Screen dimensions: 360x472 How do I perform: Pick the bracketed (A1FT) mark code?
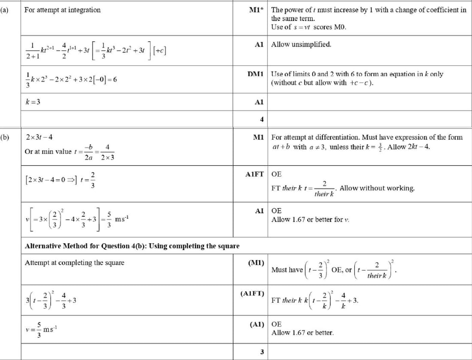pyautogui.click(x=253, y=293)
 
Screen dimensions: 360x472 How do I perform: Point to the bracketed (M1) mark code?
pyautogui.click(x=256, y=262)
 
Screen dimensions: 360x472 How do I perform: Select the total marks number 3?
pyautogui.click(x=261, y=352)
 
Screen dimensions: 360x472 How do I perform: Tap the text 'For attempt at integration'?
pyautogui.click(x=63, y=10)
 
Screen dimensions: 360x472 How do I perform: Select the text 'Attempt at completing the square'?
pyautogui.click(x=75, y=263)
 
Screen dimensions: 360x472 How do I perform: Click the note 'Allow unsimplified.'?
pyautogui.click(x=301, y=44)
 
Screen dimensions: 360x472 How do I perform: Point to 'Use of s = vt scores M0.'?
pyautogui.click(x=309, y=27)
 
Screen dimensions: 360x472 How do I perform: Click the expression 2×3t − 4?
pyautogui.click(x=39, y=137)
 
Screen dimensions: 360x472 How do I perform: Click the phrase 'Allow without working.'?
pyautogui.click(x=377, y=188)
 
